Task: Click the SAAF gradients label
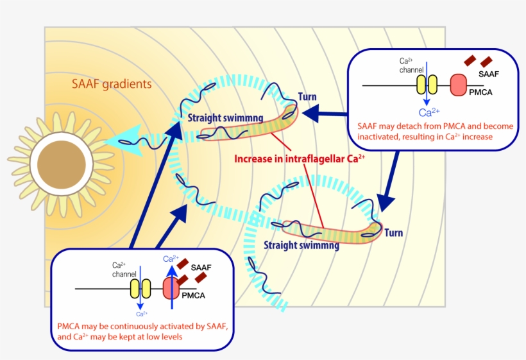[112, 83]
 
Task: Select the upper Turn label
[307, 98]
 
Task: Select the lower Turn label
[393, 232]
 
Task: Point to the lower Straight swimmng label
[301, 244]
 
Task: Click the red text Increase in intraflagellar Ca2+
[300, 159]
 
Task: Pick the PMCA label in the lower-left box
[193, 296]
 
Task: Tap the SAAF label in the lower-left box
[201, 266]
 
